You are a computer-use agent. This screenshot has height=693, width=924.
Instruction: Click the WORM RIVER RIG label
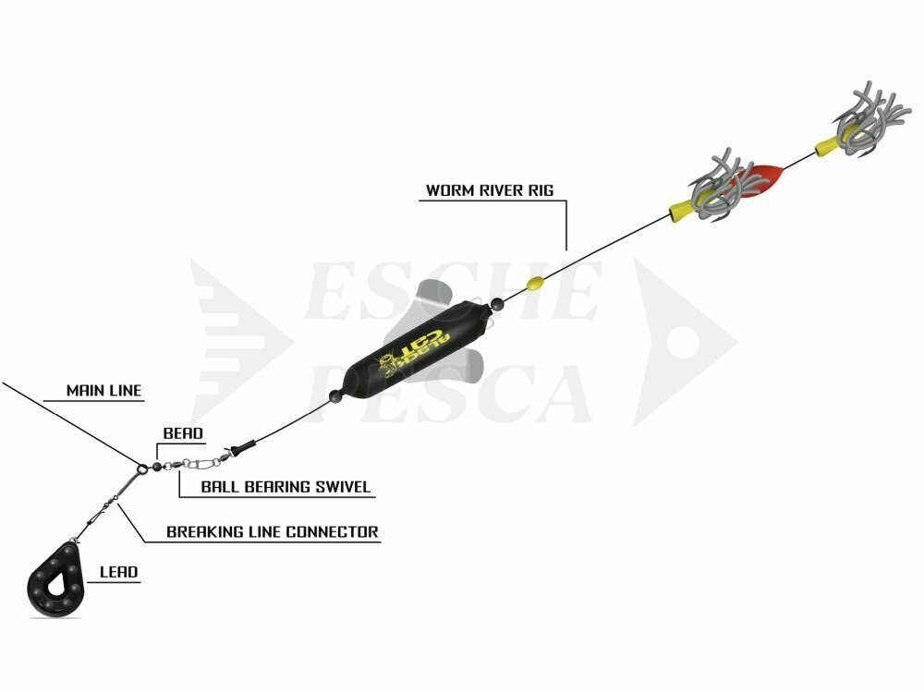click(x=490, y=190)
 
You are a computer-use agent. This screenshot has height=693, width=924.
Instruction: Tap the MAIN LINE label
click(x=103, y=391)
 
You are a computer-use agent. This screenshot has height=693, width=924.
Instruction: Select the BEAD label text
click(x=183, y=433)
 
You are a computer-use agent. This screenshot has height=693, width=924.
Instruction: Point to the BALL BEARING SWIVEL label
click(x=286, y=487)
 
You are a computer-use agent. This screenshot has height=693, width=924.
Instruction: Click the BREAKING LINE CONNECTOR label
click(x=273, y=532)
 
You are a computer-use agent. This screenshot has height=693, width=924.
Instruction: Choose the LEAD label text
click(x=118, y=572)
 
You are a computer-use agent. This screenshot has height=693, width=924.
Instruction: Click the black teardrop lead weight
click(x=56, y=580)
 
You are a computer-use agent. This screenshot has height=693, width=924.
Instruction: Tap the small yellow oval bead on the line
click(x=535, y=284)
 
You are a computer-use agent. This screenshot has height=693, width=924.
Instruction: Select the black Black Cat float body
click(x=417, y=343)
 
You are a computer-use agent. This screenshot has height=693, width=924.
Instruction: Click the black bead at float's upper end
click(x=498, y=305)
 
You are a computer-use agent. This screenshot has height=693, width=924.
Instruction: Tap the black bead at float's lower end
click(x=335, y=396)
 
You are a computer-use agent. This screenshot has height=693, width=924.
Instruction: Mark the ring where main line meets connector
click(x=142, y=469)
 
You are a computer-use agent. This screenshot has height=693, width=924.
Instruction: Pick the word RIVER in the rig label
click(x=504, y=190)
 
